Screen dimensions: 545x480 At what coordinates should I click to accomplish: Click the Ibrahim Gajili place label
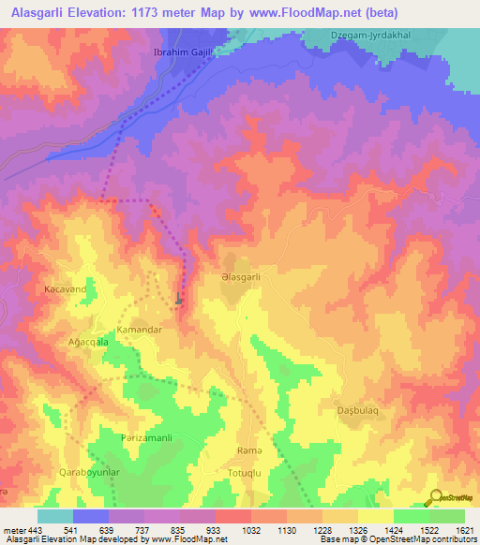(x=184, y=52)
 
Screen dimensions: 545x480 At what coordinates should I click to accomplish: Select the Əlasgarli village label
(x=247, y=277)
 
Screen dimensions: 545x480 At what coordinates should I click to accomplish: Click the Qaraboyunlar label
(x=90, y=474)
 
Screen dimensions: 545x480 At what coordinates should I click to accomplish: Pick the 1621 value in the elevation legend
(x=462, y=529)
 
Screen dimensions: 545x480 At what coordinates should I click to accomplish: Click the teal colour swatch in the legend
(x=55, y=516)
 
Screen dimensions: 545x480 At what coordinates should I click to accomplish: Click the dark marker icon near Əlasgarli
(x=179, y=299)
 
